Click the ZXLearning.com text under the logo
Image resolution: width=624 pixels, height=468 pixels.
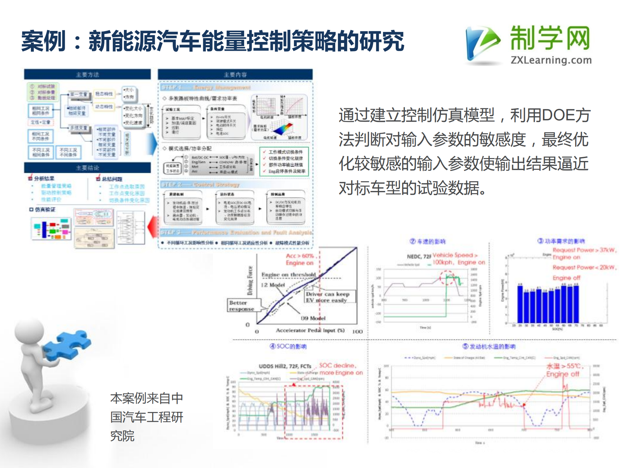(551, 60)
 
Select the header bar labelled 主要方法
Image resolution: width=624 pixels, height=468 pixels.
(87, 74)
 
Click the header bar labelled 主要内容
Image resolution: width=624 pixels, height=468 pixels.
(235, 74)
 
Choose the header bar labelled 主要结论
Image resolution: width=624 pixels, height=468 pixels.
(87, 168)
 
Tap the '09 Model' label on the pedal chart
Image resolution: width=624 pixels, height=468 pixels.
(313, 318)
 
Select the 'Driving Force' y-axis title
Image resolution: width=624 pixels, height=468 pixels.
(250, 280)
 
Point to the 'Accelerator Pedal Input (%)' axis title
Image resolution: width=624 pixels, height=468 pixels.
(310, 330)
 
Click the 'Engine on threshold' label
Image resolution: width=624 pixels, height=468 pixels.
(288, 275)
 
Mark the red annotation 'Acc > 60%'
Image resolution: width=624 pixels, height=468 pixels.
(299, 256)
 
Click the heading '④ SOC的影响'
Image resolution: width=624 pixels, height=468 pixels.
(288, 346)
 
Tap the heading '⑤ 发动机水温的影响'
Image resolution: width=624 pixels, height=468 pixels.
(489, 346)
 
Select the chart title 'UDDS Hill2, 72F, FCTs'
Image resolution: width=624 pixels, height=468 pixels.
(285, 366)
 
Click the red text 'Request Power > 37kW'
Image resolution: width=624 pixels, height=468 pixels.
(584, 250)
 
